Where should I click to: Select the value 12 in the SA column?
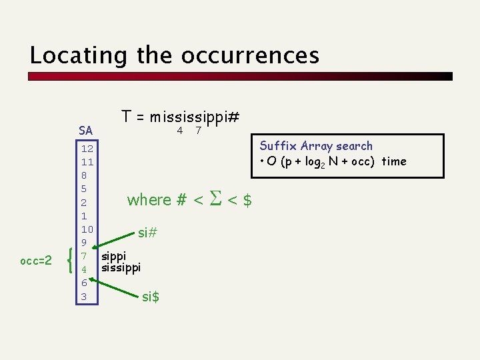[87, 149]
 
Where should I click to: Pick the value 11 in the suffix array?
[87, 162]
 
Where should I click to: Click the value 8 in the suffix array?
[85, 175]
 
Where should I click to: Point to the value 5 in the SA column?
[85, 189]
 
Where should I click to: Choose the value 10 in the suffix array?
[87, 229]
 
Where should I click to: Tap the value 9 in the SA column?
[85, 243]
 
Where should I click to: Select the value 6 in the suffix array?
[85, 283]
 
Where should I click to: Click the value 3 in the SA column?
[85, 296]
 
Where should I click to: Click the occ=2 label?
[36, 261]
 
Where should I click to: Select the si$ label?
[151, 297]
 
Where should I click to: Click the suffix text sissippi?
[121, 268]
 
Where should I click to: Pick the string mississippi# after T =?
[195, 117]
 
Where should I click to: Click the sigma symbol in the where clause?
[215, 199]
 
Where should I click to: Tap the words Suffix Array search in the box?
[316, 146]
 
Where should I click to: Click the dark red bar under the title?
[240, 76]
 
